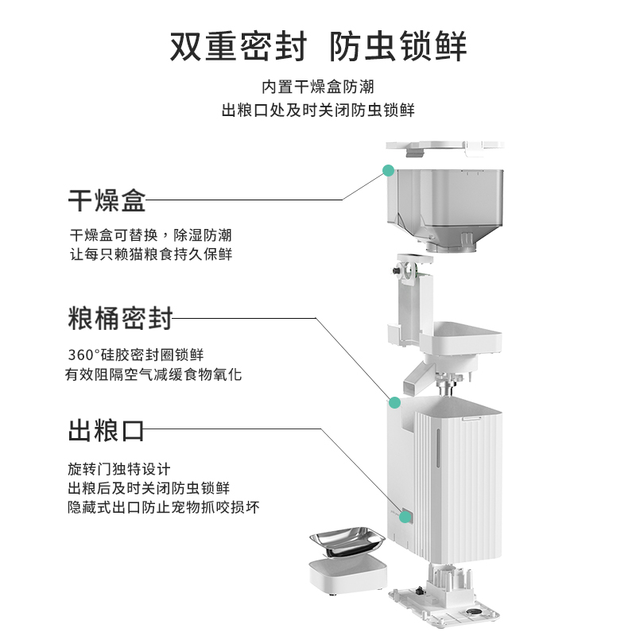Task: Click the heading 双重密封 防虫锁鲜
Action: click(318, 47)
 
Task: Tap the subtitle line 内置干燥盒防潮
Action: click(318, 87)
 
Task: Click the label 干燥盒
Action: click(107, 200)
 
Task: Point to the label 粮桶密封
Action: click(120, 319)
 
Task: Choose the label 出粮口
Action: click(107, 432)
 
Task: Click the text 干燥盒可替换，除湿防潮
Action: click(151, 236)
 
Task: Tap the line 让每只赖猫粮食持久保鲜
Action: click(151, 254)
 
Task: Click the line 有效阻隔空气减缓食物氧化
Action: click(153, 374)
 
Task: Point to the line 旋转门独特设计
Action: click(118, 469)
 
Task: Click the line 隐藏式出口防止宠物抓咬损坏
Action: click(163, 506)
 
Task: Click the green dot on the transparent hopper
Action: click(388, 169)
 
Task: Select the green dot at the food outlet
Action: click(405, 518)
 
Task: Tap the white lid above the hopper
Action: click(445, 146)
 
